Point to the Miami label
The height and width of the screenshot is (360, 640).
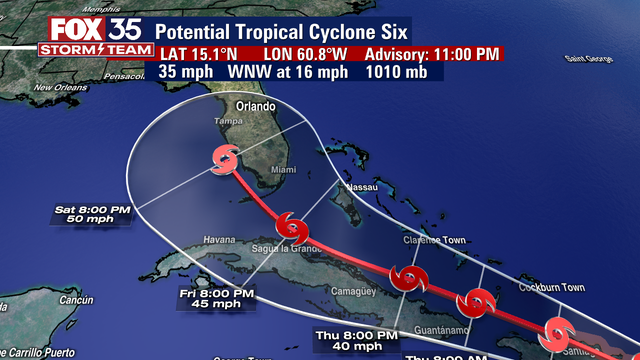click(x=283, y=170)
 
